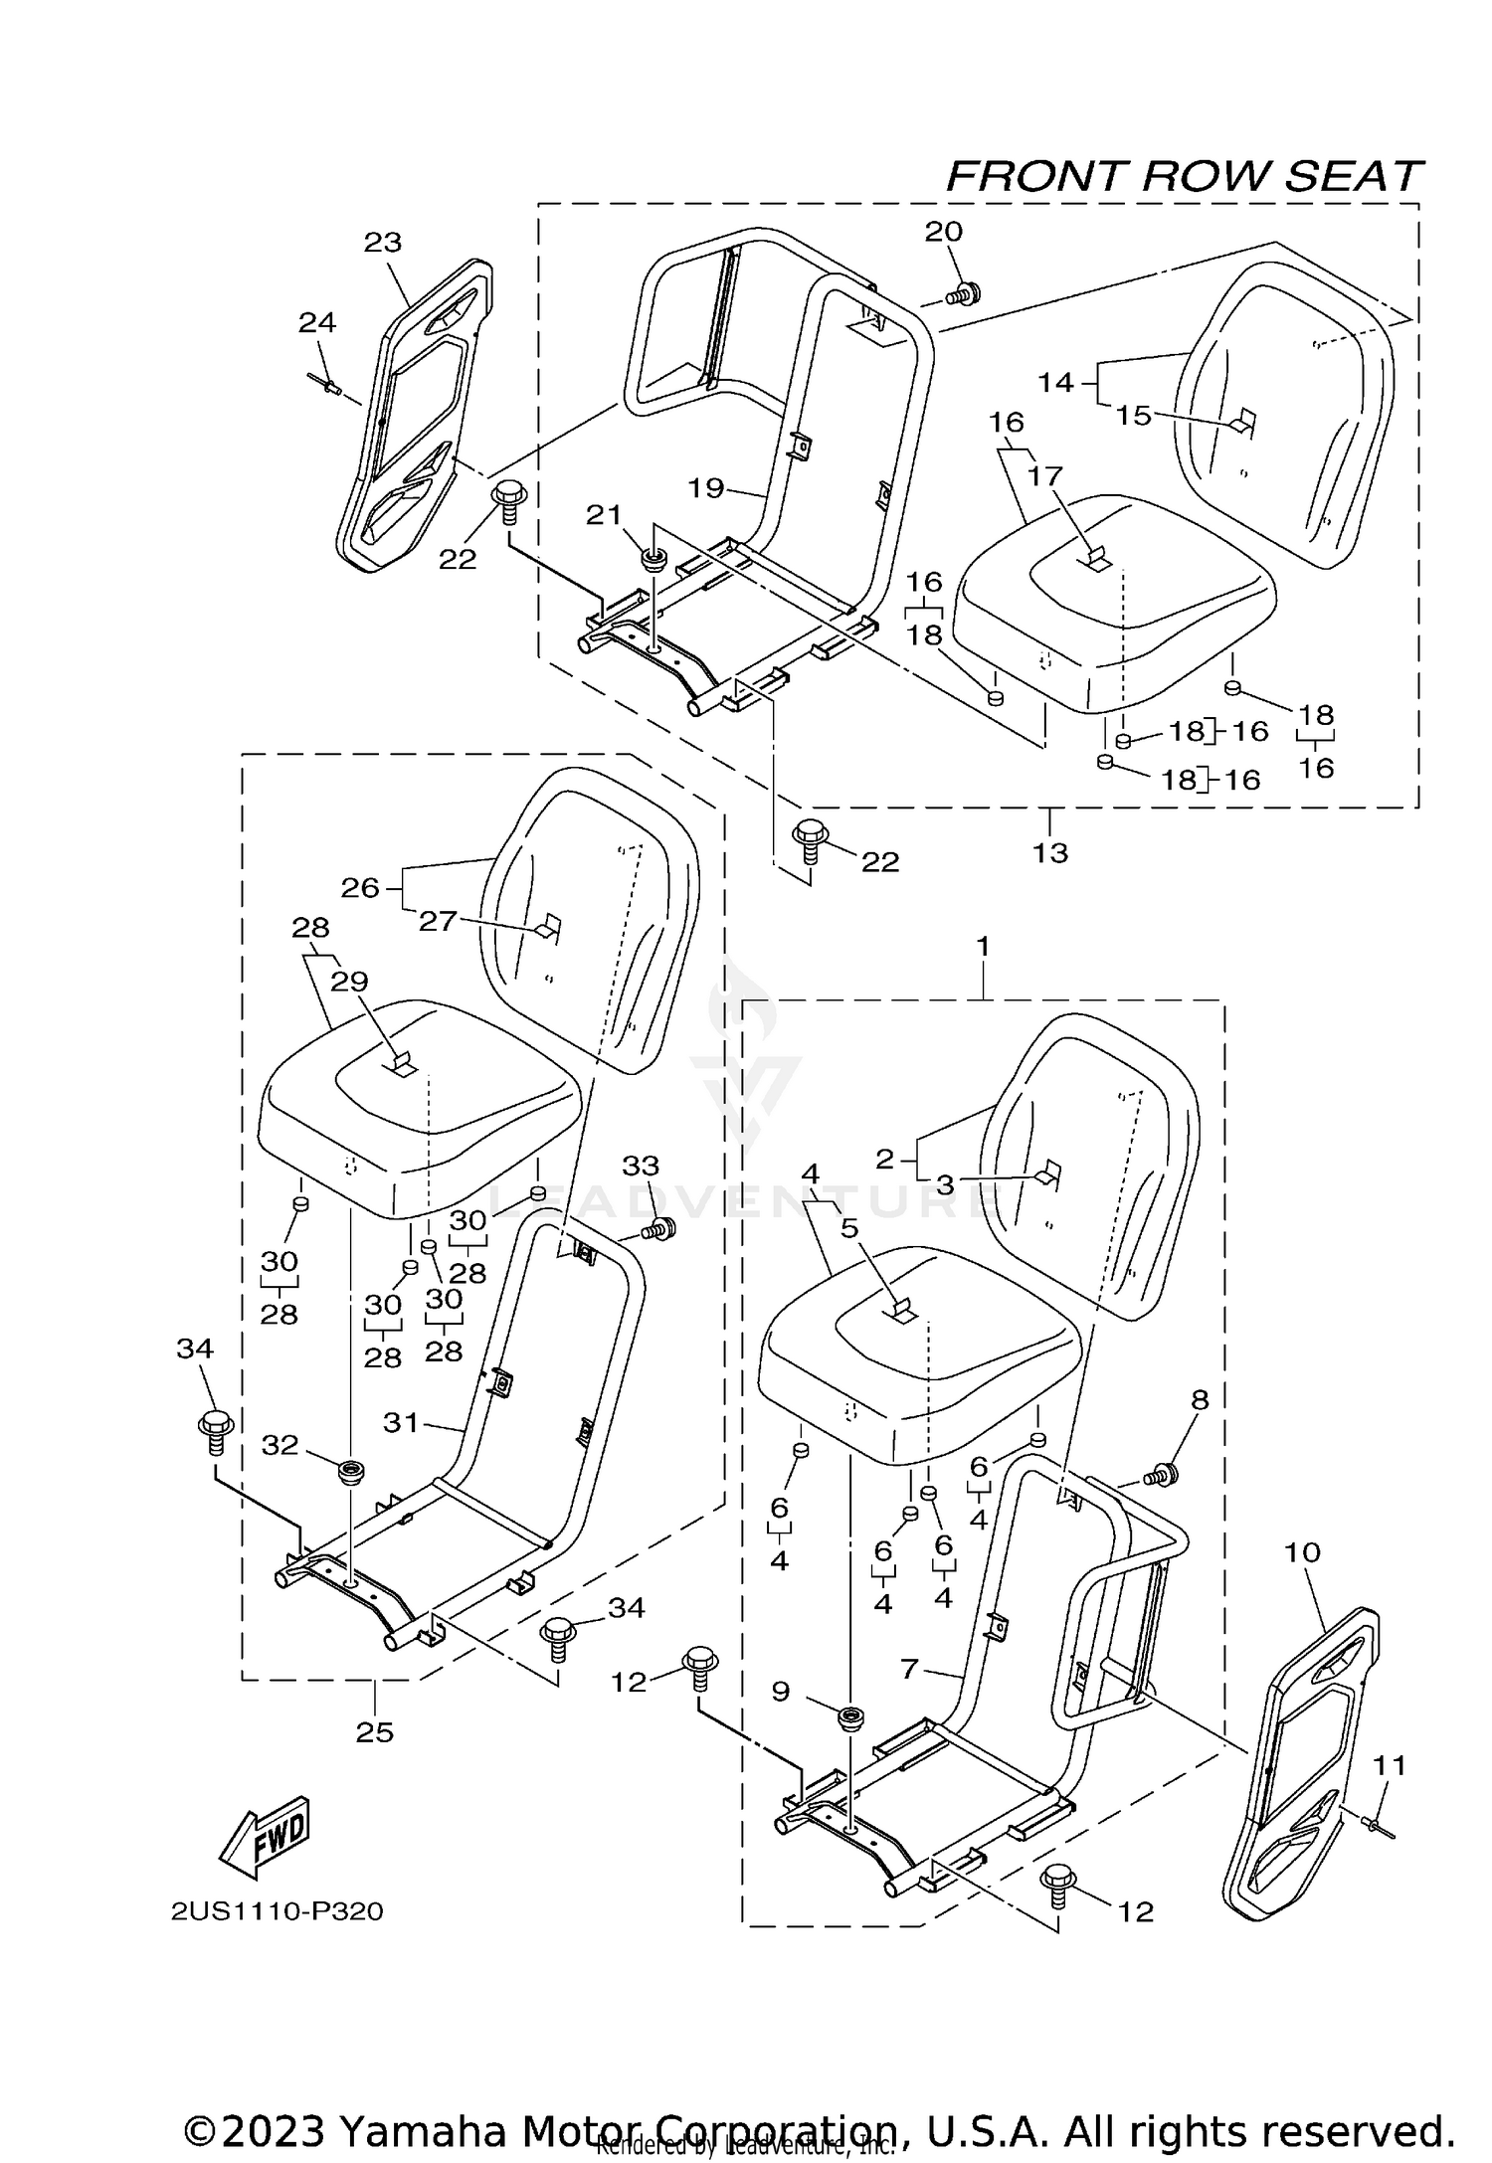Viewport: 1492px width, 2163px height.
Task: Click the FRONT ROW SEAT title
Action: point(1184,177)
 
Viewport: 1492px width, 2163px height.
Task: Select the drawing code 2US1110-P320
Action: point(277,1911)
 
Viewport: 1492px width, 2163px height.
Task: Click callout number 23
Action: point(383,242)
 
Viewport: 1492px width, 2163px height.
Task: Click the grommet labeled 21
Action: point(653,559)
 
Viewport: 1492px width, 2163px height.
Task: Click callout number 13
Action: point(1050,852)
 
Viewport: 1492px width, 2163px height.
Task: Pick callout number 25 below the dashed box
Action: point(375,1732)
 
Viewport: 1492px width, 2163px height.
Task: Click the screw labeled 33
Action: point(657,1230)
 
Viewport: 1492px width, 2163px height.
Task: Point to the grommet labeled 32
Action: point(350,1470)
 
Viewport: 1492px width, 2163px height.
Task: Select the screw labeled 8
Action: point(1160,1476)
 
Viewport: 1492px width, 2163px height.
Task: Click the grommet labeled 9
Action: point(850,1717)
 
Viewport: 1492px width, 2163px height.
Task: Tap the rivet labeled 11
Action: point(1379,1825)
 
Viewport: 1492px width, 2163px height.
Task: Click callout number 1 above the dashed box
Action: point(983,947)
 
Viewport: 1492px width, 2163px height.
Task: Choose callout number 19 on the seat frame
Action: point(707,488)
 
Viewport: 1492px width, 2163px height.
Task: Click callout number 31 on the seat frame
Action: point(402,1423)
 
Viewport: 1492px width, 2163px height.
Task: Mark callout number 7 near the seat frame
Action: point(909,1670)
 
